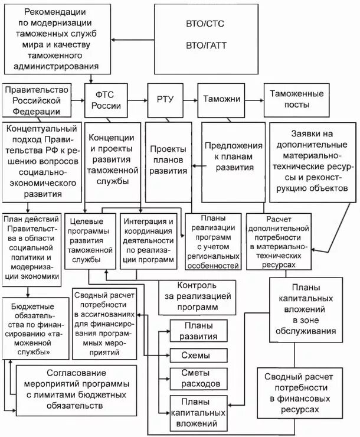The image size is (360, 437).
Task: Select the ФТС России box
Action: coord(106,100)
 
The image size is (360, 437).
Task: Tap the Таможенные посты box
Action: coord(296,100)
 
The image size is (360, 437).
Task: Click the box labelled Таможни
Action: coord(219,100)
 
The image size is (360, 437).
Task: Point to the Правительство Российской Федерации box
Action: coord(37,100)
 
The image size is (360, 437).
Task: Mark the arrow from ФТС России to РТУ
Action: coord(138,100)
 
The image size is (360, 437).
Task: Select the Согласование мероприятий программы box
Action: coord(76,389)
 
